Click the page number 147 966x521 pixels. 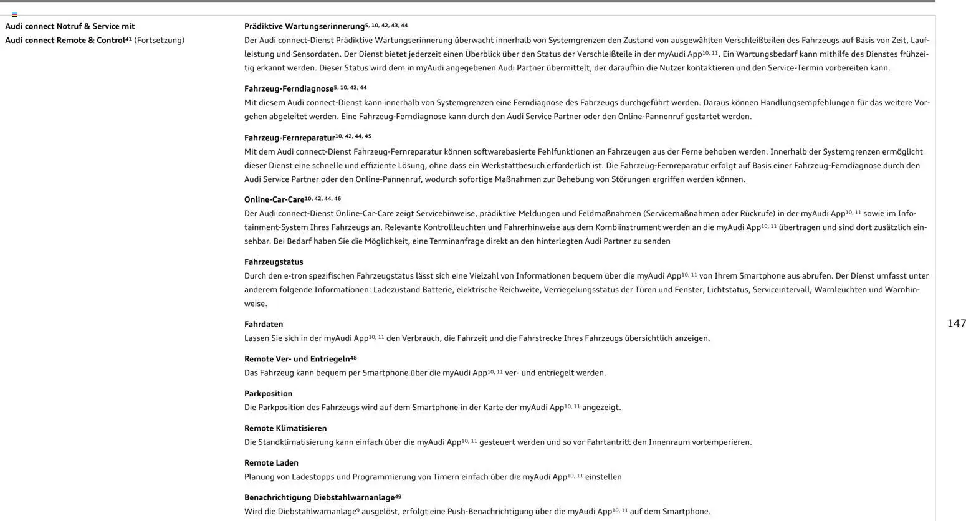pos(956,323)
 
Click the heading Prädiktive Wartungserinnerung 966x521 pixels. pos(304,26)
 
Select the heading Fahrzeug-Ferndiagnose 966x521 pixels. pos(289,89)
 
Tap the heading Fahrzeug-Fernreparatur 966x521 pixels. pos(289,138)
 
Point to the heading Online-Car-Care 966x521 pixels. pos(274,199)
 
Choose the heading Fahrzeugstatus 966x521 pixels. pos(274,262)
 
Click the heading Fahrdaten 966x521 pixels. pos(264,324)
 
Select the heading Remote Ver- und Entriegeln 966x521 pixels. pos(297,359)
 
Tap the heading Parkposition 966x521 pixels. pos(268,394)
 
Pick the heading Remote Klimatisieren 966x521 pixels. pos(285,428)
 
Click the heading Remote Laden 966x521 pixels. pos(271,463)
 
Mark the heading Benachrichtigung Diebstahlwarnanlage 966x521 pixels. pos(319,497)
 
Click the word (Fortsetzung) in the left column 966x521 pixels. pos(159,41)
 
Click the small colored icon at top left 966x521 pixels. pos(15,14)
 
